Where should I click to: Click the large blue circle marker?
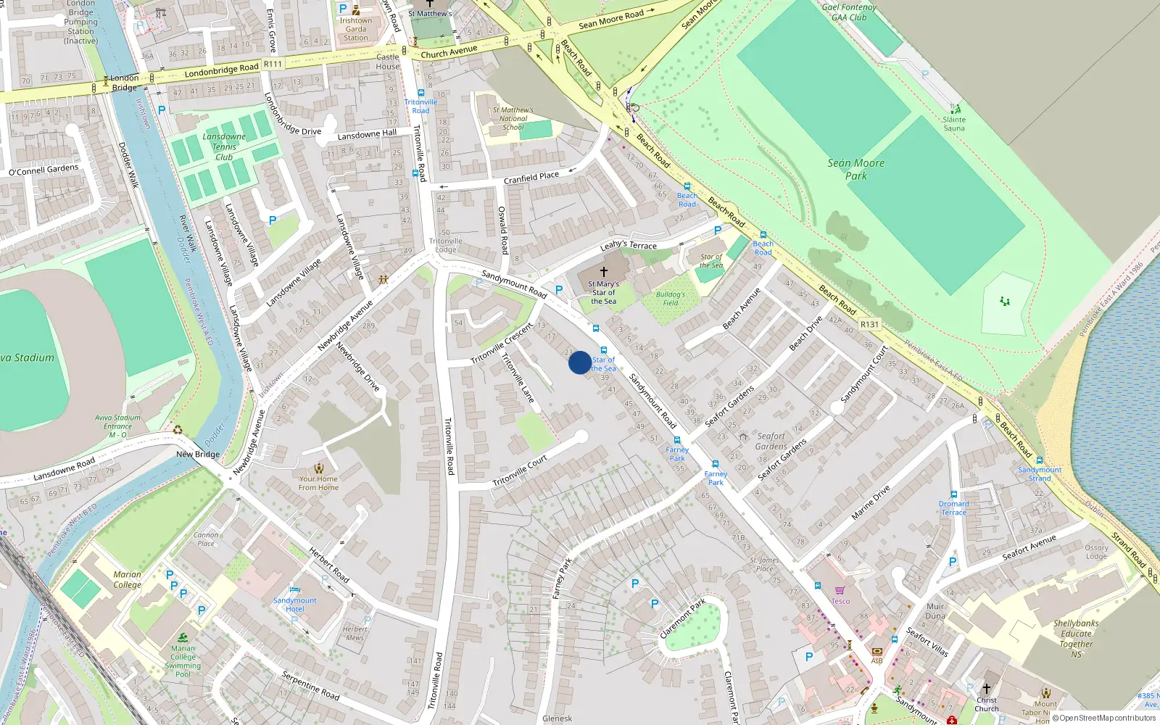579,362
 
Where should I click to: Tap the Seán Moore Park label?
856,169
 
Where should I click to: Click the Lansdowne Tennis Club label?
224,146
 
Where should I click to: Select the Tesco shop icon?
840,591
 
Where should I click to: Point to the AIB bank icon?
877,651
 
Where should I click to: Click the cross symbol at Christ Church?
986,689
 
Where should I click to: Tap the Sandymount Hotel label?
294,605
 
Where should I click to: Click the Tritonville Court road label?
520,472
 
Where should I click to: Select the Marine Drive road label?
870,502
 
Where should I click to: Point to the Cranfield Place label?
531,177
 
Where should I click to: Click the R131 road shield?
869,324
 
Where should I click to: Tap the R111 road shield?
273,64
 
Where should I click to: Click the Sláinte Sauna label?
954,124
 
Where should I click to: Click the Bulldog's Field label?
670,298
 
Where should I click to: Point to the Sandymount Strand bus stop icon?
1039,460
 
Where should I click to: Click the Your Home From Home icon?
318,468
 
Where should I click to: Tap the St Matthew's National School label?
513,118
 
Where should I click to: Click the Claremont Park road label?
681,618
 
